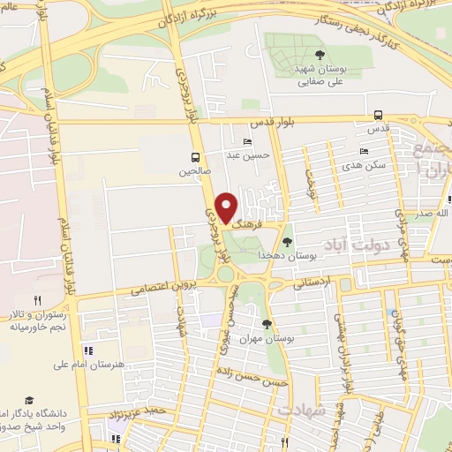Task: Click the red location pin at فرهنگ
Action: [226, 207]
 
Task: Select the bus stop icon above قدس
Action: [378, 114]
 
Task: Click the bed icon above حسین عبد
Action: [248, 141]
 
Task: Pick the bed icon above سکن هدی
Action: [364, 152]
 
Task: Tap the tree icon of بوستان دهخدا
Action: [288, 241]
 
